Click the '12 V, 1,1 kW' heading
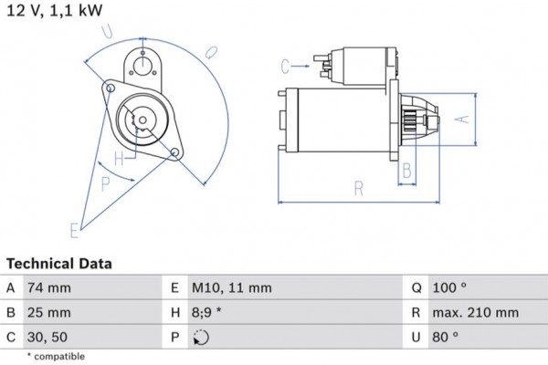55,11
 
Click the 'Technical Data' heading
58,264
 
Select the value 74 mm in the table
49,288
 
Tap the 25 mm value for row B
49,313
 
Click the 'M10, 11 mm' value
231,288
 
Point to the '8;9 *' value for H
209,313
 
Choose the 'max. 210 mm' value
474,313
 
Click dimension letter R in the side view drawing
359,190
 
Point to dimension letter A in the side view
461,119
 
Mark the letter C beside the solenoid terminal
286,65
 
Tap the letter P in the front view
106,183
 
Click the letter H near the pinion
119,157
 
